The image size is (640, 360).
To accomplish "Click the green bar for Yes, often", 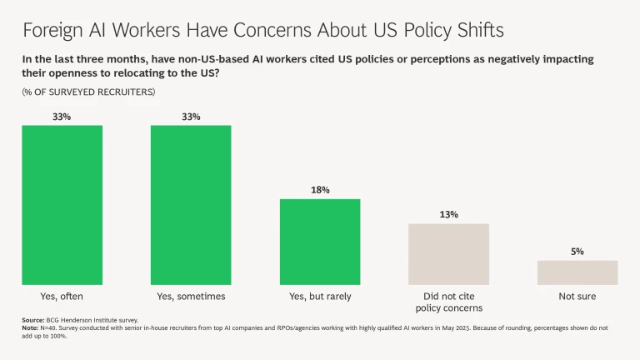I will pyautogui.click(x=62, y=205).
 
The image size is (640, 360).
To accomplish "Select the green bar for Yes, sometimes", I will pyautogui.click(x=191, y=205).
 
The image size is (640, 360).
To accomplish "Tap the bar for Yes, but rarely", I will pyautogui.click(x=320, y=242).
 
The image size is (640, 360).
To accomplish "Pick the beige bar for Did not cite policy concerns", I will pyautogui.click(x=448, y=254).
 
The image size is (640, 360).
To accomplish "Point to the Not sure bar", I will pyautogui.click(x=577, y=272).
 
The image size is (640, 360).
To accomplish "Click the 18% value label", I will pyautogui.click(x=320, y=190).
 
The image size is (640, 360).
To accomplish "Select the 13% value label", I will pyautogui.click(x=448, y=215).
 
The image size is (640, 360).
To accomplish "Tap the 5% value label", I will pyautogui.click(x=577, y=251).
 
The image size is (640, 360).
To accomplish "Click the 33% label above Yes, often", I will pyautogui.click(x=62, y=117).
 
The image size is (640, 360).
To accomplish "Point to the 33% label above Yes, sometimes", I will pyautogui.click(x=191, y=117).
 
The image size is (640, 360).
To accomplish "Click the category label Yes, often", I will pyautogui.click(x=62, y=296).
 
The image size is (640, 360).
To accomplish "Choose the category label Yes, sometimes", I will pyautogui.click(x=191, y=296).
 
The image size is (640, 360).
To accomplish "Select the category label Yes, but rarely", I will pyautogui.click(x=320, y=296).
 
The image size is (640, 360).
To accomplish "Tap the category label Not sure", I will pyautogui.click(x=577, y=296).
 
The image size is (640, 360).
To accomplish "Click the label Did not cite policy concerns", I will pyautogui.click(x=448, y=302).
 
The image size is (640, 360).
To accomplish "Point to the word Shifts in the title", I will pyautogui.click(x=475, y=31).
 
